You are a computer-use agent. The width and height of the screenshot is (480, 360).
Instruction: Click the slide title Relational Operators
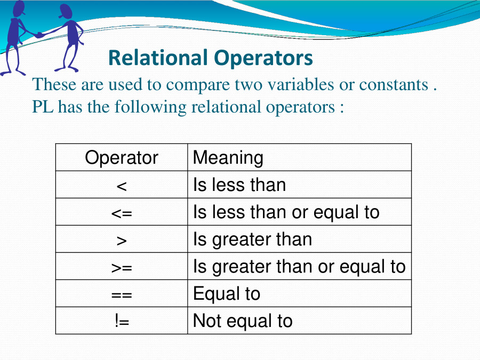pos(210,58)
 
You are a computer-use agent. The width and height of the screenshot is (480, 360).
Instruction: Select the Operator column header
pos(122,158)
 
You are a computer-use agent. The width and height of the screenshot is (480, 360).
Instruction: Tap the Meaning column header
pos(228,158)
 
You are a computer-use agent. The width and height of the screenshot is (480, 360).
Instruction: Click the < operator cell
pos(122,186)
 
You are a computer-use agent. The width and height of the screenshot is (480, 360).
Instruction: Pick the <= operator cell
pos(122,213)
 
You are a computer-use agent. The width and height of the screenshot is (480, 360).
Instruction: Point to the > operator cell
pos(122,240)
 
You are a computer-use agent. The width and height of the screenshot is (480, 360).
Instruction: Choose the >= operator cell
pos(122,267)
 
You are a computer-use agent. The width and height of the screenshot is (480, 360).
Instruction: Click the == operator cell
pos(122,294)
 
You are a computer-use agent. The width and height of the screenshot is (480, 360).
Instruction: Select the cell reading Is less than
pos(239,185)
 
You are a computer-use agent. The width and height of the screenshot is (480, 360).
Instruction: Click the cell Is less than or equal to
pos(286,212)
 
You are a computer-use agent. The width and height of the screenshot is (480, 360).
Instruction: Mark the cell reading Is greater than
pos(252,239)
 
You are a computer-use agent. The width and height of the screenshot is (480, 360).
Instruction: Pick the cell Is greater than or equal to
pos(299,267)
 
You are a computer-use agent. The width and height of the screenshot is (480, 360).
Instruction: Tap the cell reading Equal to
pos(226,294)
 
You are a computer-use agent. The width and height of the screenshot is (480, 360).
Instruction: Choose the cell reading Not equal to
pos(243,321)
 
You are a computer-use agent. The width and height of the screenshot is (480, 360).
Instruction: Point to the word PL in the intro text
pos(43,107)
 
